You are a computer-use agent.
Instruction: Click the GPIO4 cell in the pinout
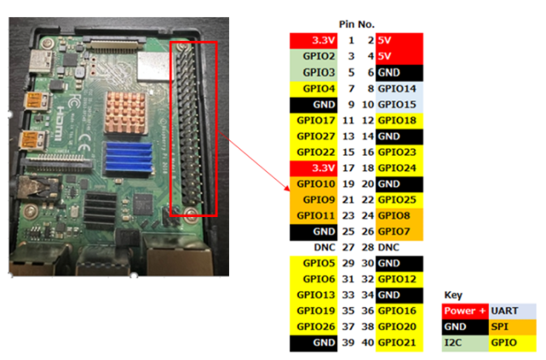point(314,89)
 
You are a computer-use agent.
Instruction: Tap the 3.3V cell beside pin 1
point(314,40)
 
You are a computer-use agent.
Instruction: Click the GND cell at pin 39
point(314,343)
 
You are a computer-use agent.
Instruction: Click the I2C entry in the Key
point(464,344)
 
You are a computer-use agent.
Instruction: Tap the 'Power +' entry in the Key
point(464,311)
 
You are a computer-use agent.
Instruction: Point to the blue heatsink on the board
point(128,159)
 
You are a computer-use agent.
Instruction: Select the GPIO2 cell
point(314,56)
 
